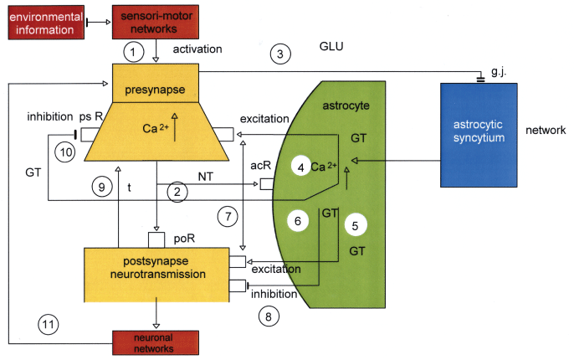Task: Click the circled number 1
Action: pyautogui.click(x=134, y=53)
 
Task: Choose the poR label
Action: pyautogui.click(x=185, y=239)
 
